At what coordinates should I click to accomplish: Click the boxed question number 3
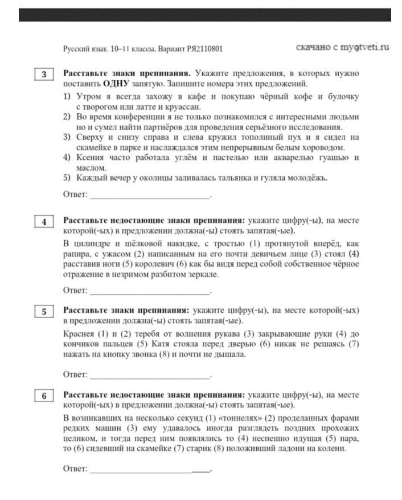tap(44, 75)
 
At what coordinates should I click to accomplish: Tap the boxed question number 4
tap(44, 222)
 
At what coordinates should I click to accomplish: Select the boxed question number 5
tap(44, 311)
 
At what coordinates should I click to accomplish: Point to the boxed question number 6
tap(44, 396)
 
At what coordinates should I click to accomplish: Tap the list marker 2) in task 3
tap(67, 117)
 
